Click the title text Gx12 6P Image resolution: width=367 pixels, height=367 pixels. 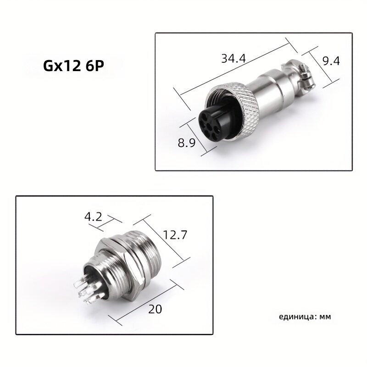73,66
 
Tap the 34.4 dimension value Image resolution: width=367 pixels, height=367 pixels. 234,59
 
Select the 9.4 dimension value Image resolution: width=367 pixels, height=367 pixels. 331,61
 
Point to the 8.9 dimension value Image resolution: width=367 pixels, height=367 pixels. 187,143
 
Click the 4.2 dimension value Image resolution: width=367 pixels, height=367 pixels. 93,217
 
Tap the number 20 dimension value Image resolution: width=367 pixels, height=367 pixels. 155,309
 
